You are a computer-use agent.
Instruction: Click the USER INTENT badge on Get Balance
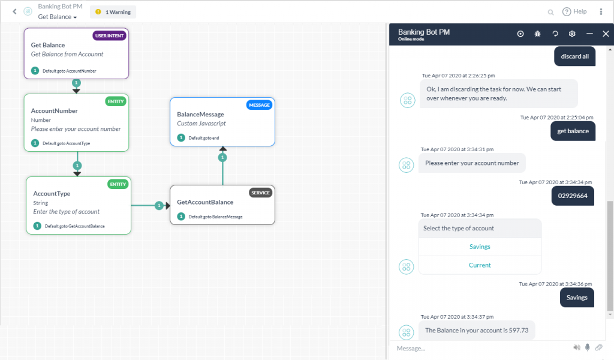(109, 35)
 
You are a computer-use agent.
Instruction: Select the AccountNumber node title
(55, 111)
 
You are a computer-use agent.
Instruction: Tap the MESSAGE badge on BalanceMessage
(259, 105)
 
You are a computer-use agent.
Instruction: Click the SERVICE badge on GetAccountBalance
(260, 193)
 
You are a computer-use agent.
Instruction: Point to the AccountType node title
(52, 194)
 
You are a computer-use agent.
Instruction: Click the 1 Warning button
(113, 12)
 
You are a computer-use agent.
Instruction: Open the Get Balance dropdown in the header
(58, 17)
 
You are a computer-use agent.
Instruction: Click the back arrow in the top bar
(14, 11)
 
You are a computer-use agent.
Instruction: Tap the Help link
(574, 11)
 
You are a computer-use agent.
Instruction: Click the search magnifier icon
(551, 12)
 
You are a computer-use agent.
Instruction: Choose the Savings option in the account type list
(480, 247)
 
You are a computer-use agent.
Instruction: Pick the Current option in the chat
(480, 265)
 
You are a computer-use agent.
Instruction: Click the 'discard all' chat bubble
(574, 56)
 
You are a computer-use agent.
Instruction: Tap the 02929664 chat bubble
(573, 196)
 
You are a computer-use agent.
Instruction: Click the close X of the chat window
(606, 34)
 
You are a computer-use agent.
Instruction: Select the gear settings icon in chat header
(572, 34)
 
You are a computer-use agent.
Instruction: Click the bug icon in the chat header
(538, 34)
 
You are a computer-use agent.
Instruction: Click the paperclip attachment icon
(598, 347)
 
